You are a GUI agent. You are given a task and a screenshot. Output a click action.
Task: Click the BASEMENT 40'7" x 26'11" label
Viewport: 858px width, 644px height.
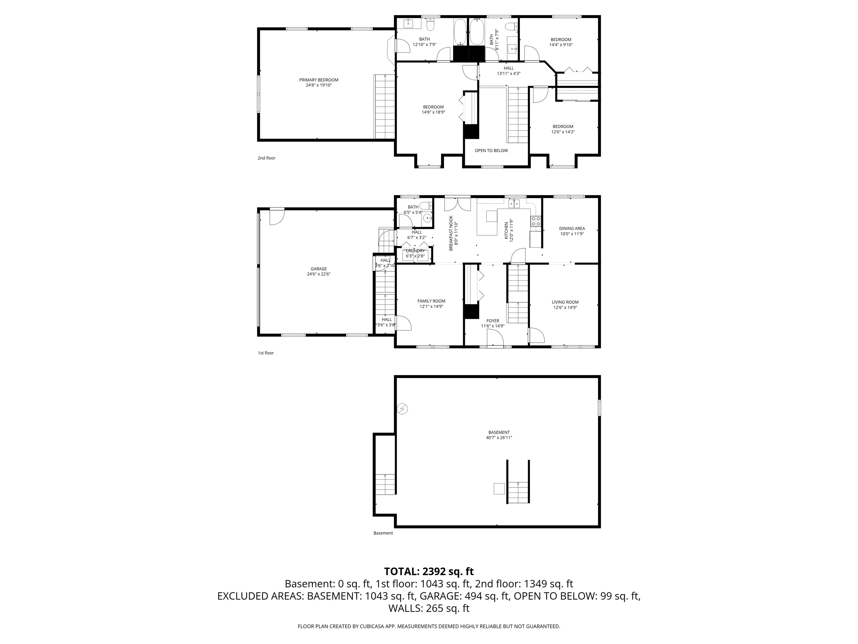click(x=499, y=435)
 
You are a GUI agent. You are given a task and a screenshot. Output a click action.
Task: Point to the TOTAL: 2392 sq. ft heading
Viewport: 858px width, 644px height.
click(x=429, y=571)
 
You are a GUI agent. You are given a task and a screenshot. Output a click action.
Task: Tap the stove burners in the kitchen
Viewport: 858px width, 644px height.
click(x=536, y=221)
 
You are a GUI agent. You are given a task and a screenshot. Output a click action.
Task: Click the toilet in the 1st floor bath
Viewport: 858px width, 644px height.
click(x=426, y=205)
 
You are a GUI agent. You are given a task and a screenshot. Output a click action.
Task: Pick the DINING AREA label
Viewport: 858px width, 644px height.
click(x=572, y=231)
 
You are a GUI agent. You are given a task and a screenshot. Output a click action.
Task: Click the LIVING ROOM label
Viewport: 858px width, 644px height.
click(x=565, y=305)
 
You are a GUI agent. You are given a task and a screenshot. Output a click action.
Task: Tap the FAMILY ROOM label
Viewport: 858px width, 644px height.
click(x=431, y=304)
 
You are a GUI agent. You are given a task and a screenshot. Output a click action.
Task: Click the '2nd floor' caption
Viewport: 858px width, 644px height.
click(x=266, y=158)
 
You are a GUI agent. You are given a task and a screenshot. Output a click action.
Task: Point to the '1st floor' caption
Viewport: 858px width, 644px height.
click(x=266, y=353)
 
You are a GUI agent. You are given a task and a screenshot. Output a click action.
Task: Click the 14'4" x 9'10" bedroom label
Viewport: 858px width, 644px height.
click(x=561, y=42)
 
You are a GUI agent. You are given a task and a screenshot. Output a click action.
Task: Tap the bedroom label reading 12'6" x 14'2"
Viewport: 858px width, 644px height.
click(x=563, y=129)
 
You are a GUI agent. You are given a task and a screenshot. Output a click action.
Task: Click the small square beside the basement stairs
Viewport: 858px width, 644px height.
click(x=499, y=488)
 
